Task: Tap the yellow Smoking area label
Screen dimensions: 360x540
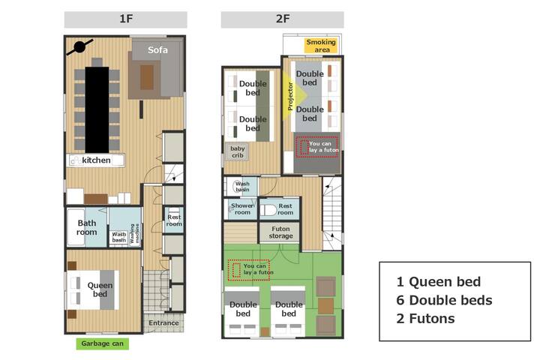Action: click(321, 46)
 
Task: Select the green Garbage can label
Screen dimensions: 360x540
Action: click(102, 344)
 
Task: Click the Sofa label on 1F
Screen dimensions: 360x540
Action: click(157, 50)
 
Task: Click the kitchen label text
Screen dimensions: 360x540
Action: click(96, 160)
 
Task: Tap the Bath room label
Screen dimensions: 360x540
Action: click(86, 227)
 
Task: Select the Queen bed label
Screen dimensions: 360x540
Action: click(100, 289)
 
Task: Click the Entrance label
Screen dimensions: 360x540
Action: click(163, 323)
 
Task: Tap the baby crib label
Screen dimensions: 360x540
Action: click(238, 152)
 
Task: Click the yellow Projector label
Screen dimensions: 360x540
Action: click(291, 97)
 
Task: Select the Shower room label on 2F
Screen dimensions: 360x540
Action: click(241, 209)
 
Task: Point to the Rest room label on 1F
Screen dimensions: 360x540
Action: click(174, 220)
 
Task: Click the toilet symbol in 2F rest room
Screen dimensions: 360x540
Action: click(268, 210)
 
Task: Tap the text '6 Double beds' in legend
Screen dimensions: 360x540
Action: click(444, 300)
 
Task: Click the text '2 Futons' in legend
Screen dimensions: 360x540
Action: click(425, 318)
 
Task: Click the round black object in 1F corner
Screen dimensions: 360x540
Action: click(79, 48)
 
